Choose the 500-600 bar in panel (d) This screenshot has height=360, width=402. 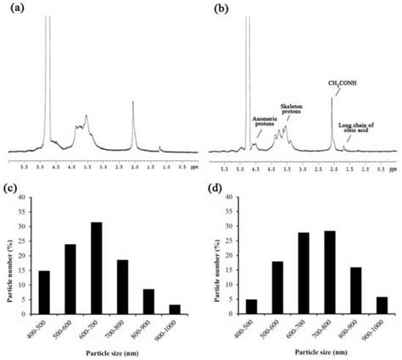coord(276,286)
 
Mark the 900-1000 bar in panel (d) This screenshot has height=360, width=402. coord(382,302)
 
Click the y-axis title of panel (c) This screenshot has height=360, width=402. coord(8,252)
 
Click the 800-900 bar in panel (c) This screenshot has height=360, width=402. coord(149,299)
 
